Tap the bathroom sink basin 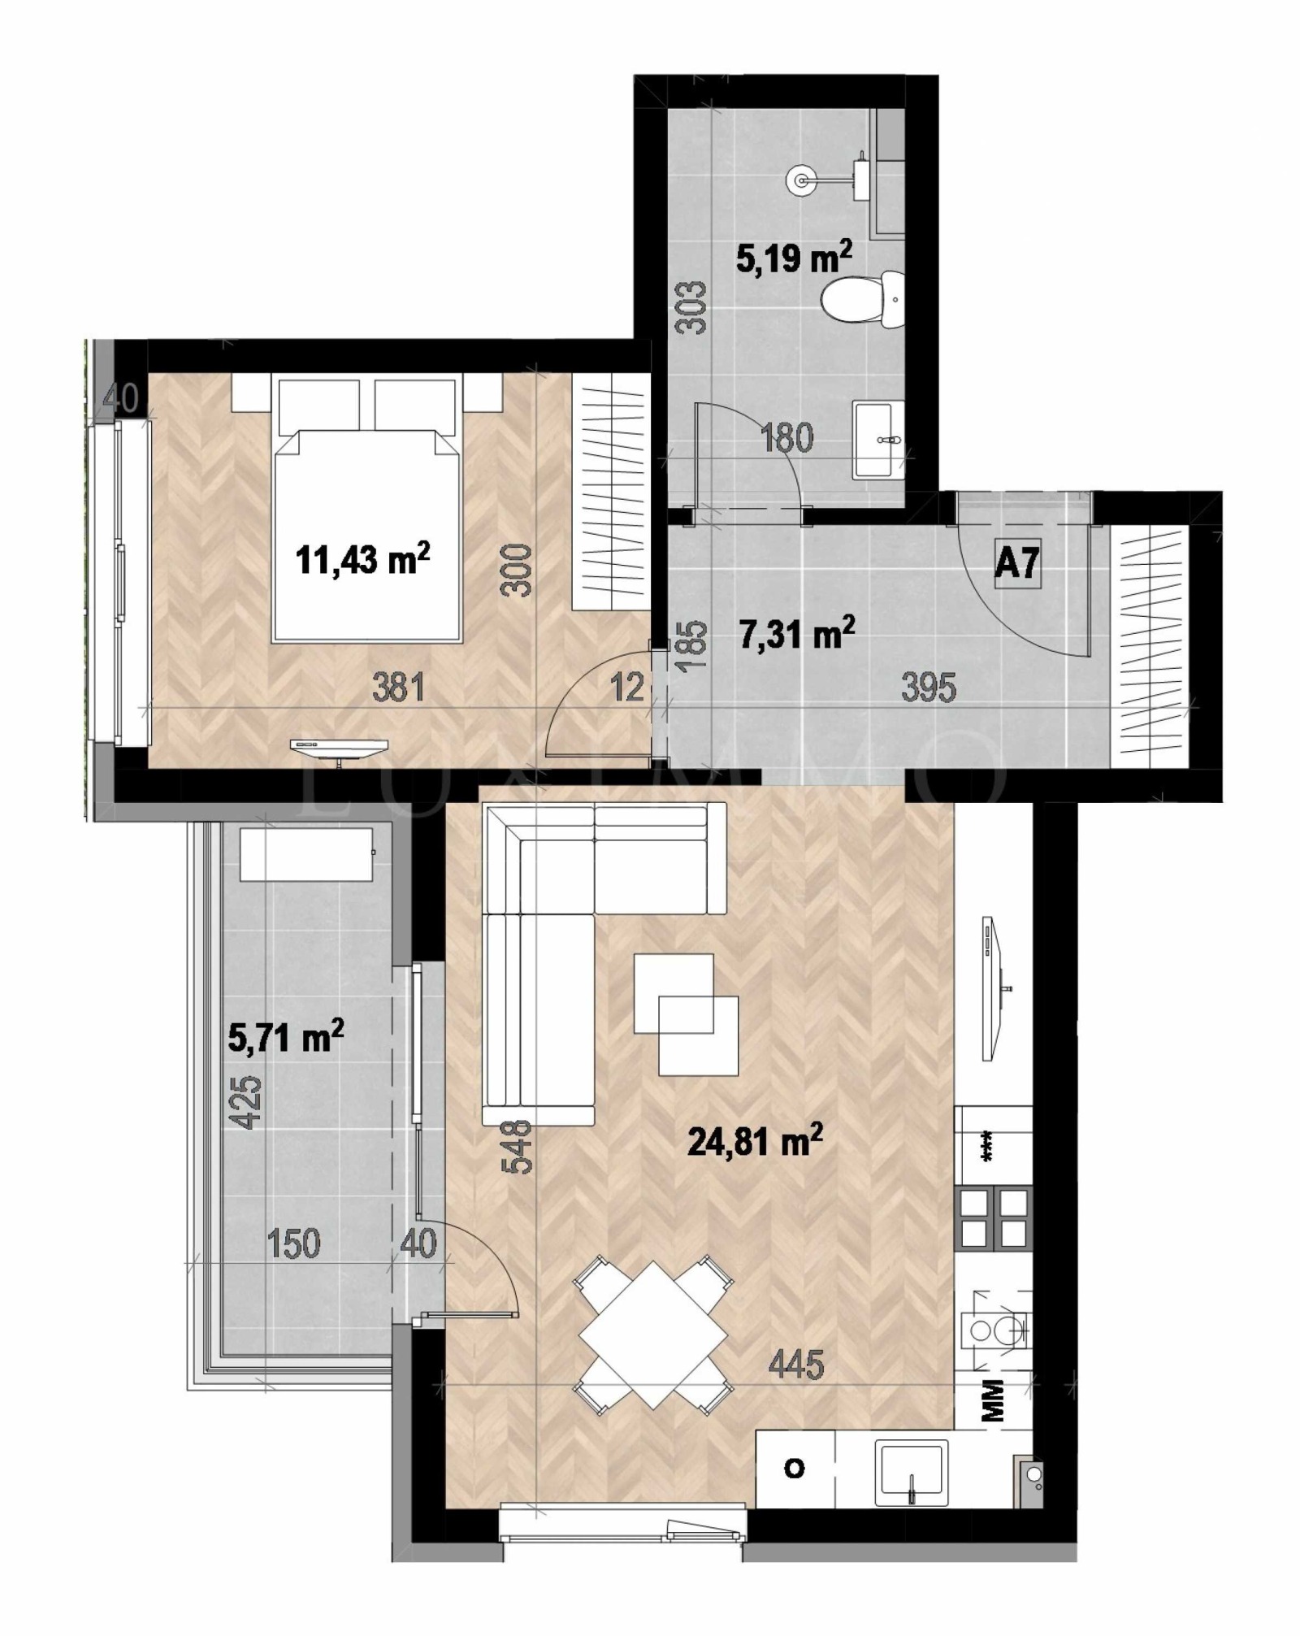(x=879, y=439)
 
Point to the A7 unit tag (x=1017, y=562)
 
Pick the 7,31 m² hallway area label (x=797, y=634)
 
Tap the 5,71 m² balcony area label (x=286, y=1037)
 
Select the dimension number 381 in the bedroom (x=398, y=688)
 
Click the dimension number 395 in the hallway (x=929, y=688)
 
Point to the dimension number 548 (x=517, y=1147)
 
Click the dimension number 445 (x=795, y=1364)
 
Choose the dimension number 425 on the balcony (x=247, y=1102)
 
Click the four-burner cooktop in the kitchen (x=994, y=1217)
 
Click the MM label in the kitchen (x=993, y=1400)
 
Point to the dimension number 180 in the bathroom (x=786, y=438)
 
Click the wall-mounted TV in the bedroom (x=339, y=745)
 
